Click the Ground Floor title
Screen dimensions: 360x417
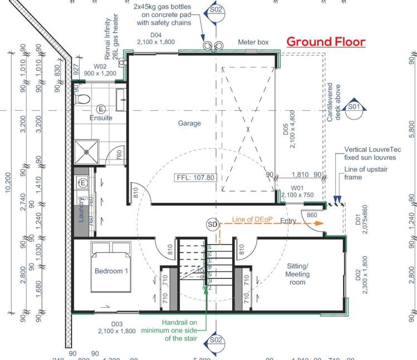(326, 42)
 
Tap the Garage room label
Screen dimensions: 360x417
(189, 124)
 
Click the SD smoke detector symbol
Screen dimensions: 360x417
(212, 224)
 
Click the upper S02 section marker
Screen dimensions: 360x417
(216, 9)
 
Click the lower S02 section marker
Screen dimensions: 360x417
(216, 340)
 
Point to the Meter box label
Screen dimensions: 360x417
(254, 42)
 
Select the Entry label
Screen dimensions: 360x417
(288, 221)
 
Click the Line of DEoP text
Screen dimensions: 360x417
(252, 219)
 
